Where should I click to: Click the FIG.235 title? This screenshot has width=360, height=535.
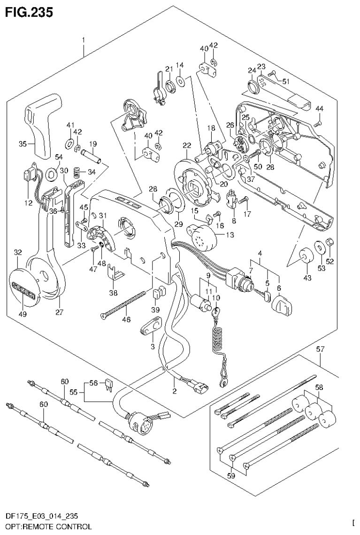(x=29, y=11)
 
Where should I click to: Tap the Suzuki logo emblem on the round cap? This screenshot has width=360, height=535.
(x=24, y=286)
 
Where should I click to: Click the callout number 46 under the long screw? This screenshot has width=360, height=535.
(x=126, y=319)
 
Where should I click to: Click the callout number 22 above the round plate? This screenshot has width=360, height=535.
(x=187, y=146)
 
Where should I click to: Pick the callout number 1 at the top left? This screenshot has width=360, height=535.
(x=84, y=40)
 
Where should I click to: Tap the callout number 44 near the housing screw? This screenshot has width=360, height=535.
(x=319, y=109)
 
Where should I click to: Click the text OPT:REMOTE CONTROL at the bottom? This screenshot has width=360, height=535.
(x=46, y=527)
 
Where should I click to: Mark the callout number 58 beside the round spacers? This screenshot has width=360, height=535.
(x=319, y=388)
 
